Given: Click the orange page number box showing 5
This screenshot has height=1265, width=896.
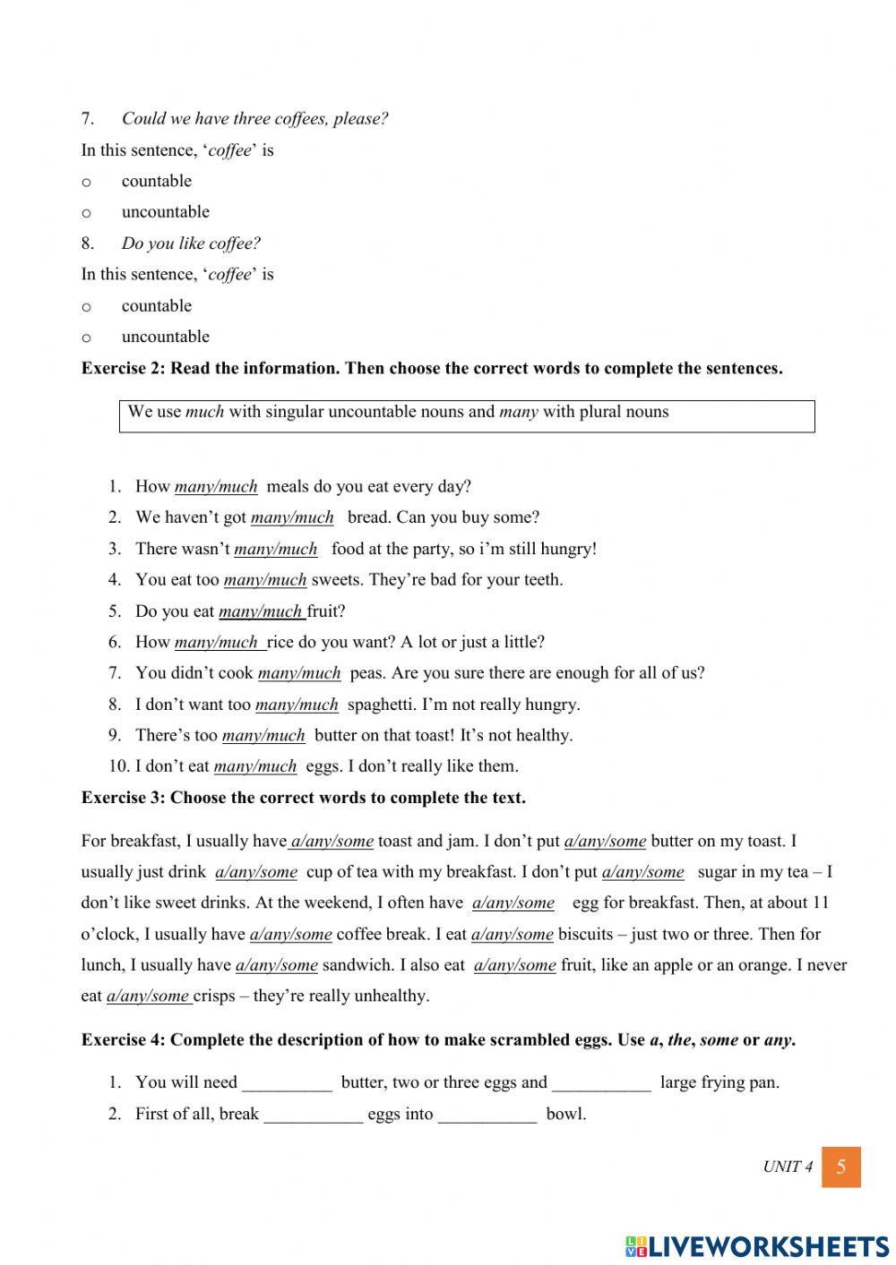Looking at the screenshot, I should [840, 1167].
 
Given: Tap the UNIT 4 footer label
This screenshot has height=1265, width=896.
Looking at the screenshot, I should [788, 1167].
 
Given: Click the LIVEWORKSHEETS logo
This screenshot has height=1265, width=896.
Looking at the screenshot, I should [757, 1246].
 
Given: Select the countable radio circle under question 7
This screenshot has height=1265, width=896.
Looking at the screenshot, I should [87, 182].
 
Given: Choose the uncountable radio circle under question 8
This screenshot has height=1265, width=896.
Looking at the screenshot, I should [87, 338].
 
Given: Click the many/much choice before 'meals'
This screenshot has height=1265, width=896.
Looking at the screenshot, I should [216, 487].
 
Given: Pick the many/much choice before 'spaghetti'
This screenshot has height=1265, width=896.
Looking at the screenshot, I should [297, 705].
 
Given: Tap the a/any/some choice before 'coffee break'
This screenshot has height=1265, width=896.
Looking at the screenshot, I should [290, 935].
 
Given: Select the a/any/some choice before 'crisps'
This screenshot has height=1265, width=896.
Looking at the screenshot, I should [148, 996].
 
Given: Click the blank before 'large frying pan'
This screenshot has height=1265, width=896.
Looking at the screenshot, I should [601, 1083].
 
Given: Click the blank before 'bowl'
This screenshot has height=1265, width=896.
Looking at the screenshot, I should [487, 1115].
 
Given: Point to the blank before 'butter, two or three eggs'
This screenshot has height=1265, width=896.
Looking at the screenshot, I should [287, 1083].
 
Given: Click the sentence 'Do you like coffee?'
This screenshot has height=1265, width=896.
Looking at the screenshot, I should [191, 244].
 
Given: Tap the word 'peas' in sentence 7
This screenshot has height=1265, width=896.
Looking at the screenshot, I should [366, 673].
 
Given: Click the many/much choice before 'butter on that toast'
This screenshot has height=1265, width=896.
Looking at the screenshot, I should [263, 736].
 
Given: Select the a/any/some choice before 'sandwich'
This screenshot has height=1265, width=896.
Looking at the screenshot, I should [276, 965].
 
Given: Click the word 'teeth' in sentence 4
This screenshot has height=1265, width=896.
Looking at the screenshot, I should [541, 580].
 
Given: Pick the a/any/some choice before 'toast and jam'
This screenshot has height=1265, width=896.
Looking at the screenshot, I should [332, 842].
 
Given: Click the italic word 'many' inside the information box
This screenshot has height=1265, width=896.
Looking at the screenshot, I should [518, 413].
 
